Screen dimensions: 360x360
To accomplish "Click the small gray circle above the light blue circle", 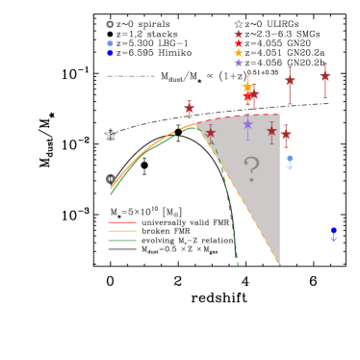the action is (110, 25).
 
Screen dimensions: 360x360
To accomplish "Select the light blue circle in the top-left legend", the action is (110, 43).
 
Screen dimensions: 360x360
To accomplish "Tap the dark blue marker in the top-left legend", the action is (110, 53).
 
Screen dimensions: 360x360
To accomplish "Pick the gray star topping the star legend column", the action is (239, 24).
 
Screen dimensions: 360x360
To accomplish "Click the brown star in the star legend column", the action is (239, 34).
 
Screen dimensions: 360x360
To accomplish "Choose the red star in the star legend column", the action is (239, 43).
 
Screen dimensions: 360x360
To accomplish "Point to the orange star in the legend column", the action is (239, 53).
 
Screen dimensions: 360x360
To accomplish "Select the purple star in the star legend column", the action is (239, 63).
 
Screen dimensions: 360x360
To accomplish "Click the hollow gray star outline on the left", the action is (111, 135).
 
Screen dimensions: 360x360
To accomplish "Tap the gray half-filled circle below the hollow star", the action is (111, 179).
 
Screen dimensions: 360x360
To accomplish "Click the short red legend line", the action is (122, 222).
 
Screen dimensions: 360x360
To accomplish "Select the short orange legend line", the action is (122, 231).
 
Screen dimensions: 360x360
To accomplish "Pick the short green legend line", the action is (122, 240).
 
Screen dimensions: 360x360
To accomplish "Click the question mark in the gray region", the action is (251, 169).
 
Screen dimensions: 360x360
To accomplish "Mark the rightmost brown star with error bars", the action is (324, 76).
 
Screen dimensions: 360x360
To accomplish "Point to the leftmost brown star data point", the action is (190, 109).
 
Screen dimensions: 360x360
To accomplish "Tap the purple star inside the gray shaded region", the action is (247, 124).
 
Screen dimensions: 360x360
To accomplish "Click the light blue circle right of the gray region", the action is (290, 159).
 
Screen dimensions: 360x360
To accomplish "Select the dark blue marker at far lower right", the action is (333, 231).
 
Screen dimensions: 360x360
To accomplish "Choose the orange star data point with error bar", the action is (247, 88).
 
